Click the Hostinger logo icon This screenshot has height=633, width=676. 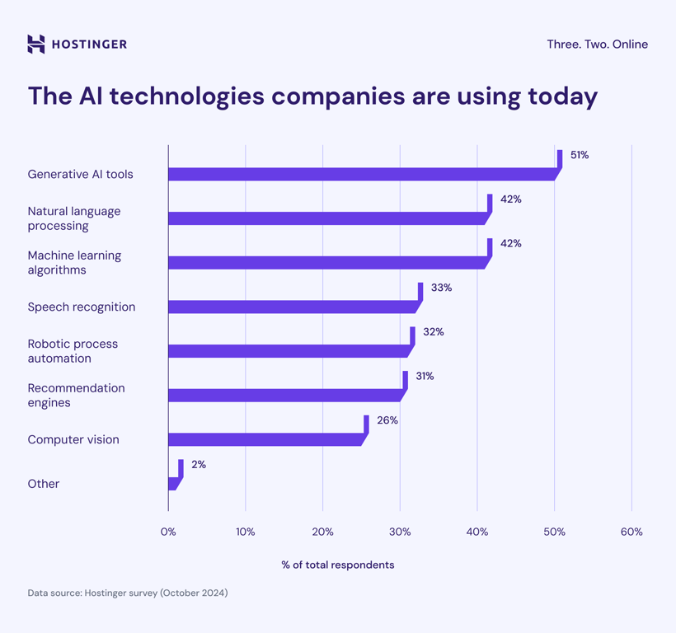[36, 45]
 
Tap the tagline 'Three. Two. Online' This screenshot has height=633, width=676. [597, 45]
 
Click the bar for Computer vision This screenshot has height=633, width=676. [265, 440]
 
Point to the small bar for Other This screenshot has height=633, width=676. [173, 484]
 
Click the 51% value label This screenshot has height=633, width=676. [580, 155]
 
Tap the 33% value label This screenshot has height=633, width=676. [441, 288]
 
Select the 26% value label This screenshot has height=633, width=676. [387, 420]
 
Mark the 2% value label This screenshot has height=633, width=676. [199, 465]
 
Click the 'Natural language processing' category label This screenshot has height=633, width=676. [74, 218]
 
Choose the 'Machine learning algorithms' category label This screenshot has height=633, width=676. [74, 263]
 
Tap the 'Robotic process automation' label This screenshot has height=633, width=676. [73, 351]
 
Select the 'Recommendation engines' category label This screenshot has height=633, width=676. [76, 396]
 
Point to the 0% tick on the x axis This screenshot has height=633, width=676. [168, 532]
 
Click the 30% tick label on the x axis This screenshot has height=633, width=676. [400, 532]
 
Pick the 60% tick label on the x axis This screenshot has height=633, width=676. [631, 532]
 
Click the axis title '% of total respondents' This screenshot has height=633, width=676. [338, 565]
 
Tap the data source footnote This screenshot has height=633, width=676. [128, 593]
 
